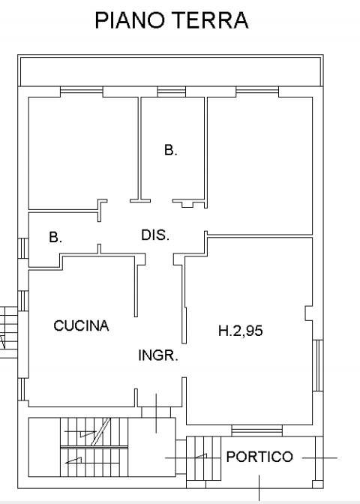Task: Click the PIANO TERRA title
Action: [x=172, y=20]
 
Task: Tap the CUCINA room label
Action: [x=81, y=325]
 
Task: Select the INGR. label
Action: [x=158, y=355]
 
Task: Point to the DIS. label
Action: [x=155, y=235]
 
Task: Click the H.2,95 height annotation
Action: [x=241, y=331]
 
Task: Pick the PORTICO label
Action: [x=259, y=457]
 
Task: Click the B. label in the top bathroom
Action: [x=171, y=150]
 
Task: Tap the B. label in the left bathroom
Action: [x=55, y=237]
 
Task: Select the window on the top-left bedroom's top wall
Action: [x=82, y=91]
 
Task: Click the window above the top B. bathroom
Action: [x=172, y=91]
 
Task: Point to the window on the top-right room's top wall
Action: [x=257, y=91]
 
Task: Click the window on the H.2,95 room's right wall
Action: [x=317, y=365]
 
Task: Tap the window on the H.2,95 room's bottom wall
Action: [x=256, y=430]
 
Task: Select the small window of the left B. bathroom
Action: [x=23, y=248]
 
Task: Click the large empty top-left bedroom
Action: [x=83, y=153]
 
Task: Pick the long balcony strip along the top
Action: [x=170, y=71]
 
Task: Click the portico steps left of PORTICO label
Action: [x=204, y=458]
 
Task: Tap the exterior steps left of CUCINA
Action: [x=9, y=332]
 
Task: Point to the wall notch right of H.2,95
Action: [x=308, y=313]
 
